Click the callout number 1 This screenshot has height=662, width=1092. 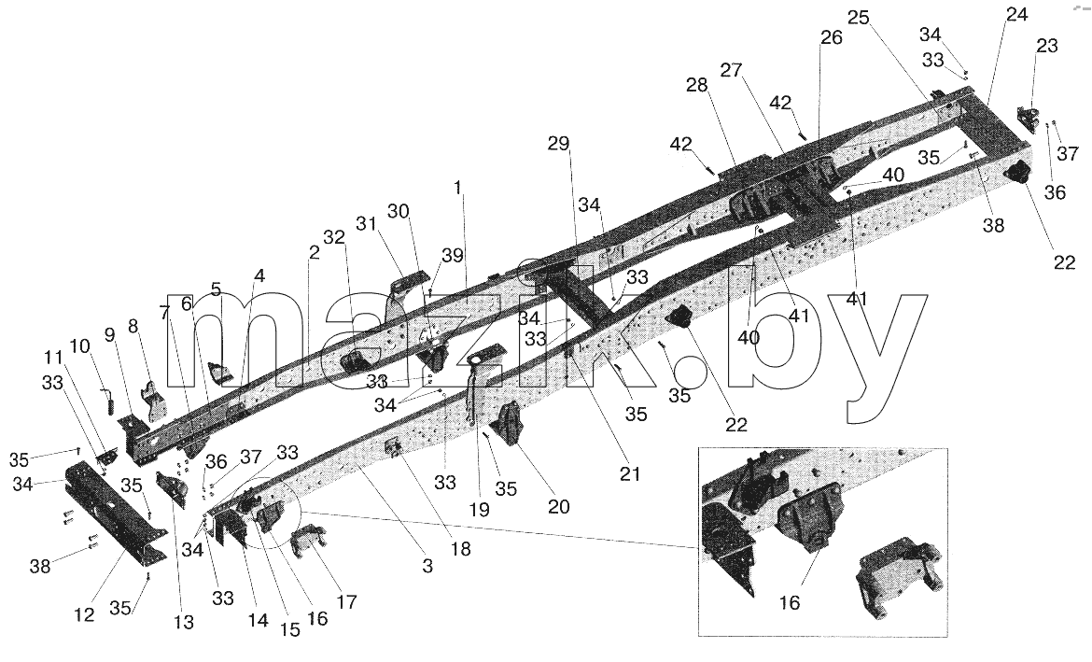point(457,188)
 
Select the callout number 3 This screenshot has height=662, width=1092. point(427,567)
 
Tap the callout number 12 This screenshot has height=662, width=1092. point(85,616)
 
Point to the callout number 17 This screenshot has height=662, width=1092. point(346,601)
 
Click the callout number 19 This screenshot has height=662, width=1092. point(479,510)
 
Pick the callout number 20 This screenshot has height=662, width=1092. point(558,507)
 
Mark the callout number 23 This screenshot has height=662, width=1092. point(1046,46)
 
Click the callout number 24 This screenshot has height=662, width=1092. point(1016,14)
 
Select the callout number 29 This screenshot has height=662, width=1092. point(558,144)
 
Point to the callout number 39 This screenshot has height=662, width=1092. point(453,256)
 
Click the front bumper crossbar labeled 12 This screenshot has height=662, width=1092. point(115,512)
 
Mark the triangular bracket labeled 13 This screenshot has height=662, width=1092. point(174,490)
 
